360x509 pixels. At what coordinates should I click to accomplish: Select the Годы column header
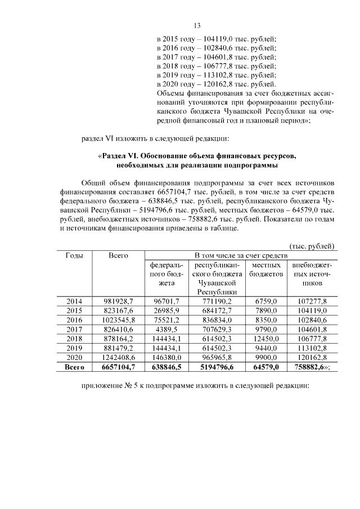[x=75, y=255]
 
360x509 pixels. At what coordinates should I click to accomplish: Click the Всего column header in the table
[x=118, y=255]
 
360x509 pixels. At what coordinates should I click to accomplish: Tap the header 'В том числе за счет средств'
[x=240, y=255]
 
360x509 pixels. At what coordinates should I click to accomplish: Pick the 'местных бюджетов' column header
[x=266, y=269]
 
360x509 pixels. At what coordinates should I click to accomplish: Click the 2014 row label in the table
[x=75, y=301]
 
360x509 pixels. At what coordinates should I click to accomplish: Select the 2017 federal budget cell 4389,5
[x=166, y=328]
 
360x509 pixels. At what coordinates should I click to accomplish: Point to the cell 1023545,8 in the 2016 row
[x=119, y=319]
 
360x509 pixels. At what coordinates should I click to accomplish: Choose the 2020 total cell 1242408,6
[x=119, y=355]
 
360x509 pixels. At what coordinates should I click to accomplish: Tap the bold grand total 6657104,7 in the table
[x=118, y=365]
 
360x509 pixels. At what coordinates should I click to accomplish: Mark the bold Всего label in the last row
[x=75, y=365]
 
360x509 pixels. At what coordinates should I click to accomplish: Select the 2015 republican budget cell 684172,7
[x=214, y=310]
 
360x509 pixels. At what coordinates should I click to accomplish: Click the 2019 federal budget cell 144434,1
[x=166, y=346]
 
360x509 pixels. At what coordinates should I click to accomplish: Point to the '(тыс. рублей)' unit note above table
[x=312, y=246]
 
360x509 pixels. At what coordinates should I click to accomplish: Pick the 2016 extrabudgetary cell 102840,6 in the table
[x=312, y=319]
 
